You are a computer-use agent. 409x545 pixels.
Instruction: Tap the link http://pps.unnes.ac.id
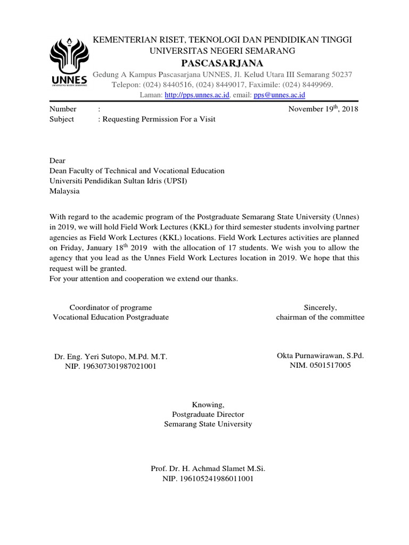click(x=197, y=95)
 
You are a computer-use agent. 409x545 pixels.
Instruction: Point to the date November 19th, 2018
click(x=323, y=109)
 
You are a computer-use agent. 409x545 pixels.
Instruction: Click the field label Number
click(x=63, y=109)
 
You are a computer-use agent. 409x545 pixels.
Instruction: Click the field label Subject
click(x=62, y=119)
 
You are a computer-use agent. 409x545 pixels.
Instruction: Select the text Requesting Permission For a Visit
click(x=159, y=119)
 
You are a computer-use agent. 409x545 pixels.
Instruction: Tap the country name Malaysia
click(x=64, y=191)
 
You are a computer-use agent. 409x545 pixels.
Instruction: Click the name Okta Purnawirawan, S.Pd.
click(x=320, y=356)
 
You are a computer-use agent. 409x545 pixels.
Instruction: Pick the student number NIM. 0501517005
click(x=320, y=366)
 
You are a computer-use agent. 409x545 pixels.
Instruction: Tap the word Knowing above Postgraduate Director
click(x=204, y=404)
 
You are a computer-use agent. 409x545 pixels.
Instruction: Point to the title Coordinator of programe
click(x=111, y=307)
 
